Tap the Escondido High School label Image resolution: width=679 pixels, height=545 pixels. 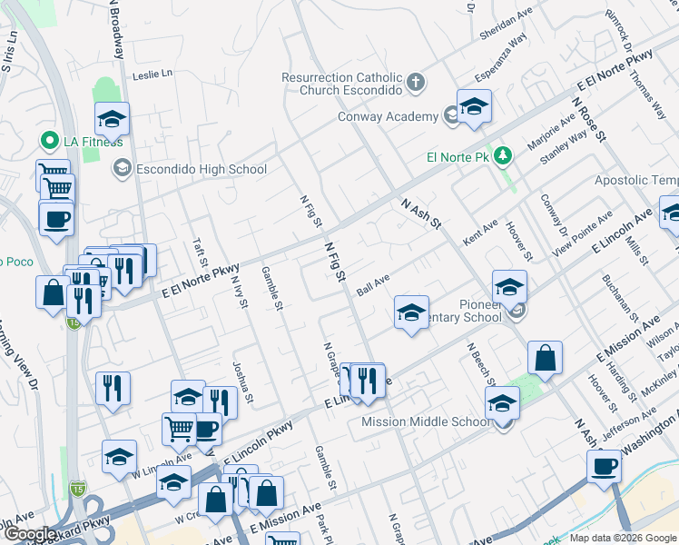point(201,169)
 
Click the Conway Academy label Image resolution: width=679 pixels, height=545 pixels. point(388,116)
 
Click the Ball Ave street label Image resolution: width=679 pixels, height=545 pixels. point(373,283)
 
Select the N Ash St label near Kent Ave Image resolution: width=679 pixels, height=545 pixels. point(420,214)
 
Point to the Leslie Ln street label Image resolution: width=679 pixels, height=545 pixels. point(152,75)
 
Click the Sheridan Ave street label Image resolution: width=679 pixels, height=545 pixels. point(506,22)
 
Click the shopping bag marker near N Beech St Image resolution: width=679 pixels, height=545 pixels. point(544,359)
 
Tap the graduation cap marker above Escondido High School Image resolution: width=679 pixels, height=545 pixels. point(112,120)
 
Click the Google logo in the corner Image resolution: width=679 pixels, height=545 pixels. point(30,534)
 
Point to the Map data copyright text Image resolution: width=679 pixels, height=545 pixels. point(622,538)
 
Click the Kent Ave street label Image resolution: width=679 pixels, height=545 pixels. point(480,233)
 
